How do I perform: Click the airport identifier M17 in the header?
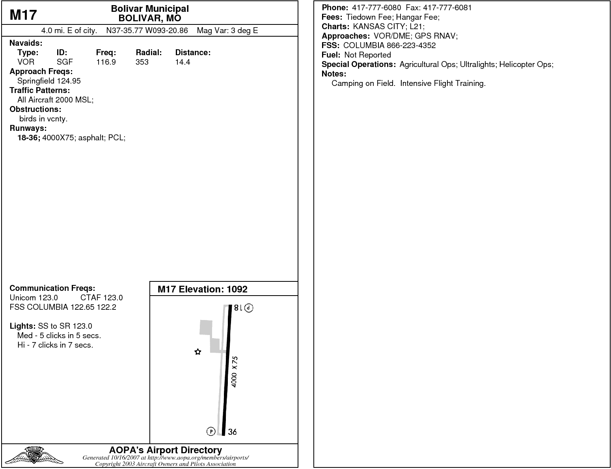point(23,15)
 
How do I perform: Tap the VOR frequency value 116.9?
point(106,62)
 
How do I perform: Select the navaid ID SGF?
point(65,62)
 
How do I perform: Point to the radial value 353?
point(142,62)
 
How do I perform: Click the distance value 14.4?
point(183,62)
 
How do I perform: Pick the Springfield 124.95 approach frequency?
point(49,81)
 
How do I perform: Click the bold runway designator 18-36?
point(29,138)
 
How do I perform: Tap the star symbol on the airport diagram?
point(198,352)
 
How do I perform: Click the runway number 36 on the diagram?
point(233,432)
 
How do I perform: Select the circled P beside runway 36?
point(211,432)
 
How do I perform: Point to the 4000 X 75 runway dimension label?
point(234,372)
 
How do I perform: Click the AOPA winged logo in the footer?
point(34,456)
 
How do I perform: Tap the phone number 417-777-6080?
point(376,7)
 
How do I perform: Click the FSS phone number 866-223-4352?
point(411,45)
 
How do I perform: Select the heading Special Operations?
point(358,64)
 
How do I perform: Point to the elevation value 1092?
point(237,289)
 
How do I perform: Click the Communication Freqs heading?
point(52,288)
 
